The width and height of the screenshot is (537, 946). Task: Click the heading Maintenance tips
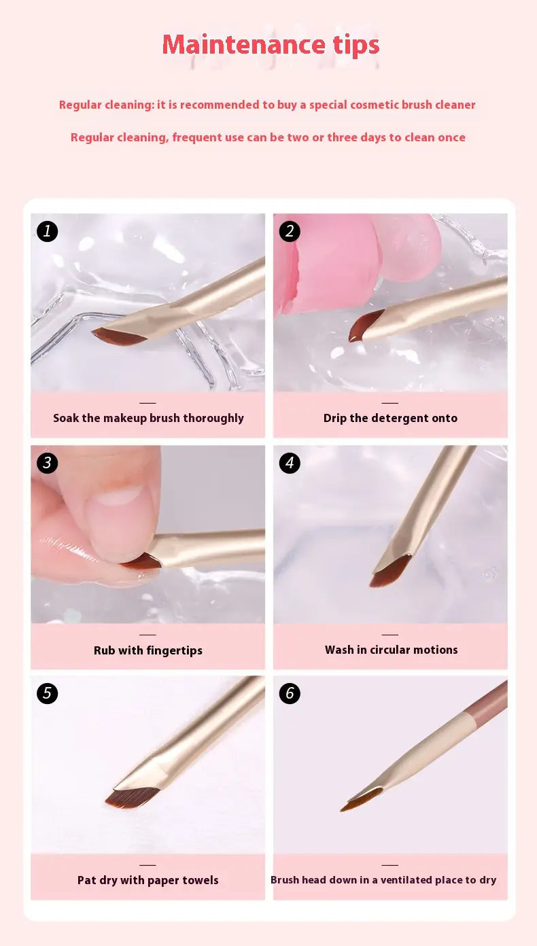tap(271, 45)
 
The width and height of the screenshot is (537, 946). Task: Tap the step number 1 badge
tap(47, 231)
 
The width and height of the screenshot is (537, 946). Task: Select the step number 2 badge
tap(290, 231)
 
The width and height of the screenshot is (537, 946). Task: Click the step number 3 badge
tap(47, 463)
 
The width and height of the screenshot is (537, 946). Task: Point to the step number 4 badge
tap(290, 463)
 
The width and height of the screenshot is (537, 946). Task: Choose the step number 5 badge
tap(47, 693)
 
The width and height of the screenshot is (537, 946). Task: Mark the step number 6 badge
tap(290, 693)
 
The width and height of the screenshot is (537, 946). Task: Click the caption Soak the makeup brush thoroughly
tap(148, 418)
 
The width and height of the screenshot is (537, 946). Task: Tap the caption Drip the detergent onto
tap(390, 418)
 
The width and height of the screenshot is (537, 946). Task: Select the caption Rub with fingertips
tap(148, 650)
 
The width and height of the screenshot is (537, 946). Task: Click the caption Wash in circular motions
tap(391, 650)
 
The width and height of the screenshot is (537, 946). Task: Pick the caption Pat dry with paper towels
tap(148, 880)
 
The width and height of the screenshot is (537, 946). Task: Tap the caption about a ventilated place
tap(383, 880)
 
